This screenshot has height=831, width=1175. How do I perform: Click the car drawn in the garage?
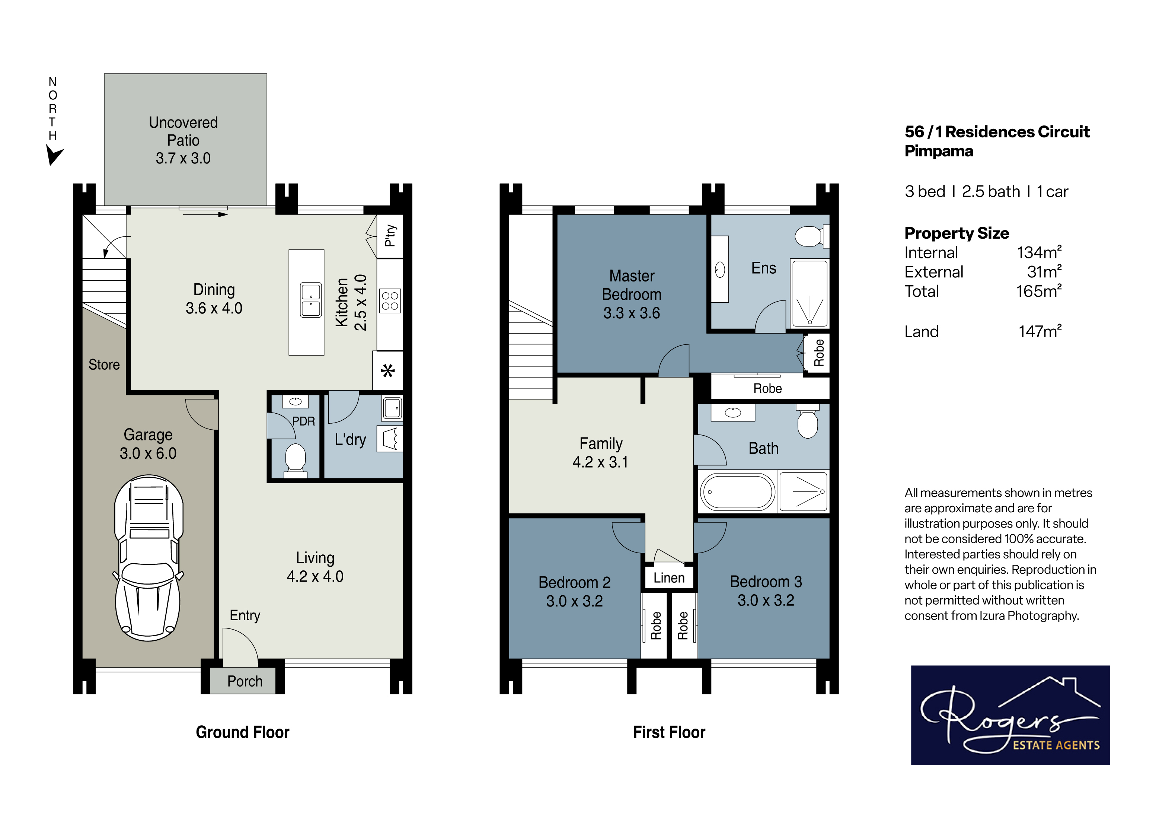tap(149, 558)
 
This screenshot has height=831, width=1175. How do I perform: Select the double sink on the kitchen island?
tap(311, 300)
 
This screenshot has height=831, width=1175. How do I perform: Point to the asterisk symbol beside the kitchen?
tap(388, 371)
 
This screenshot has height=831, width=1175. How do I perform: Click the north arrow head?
tap(54, 155)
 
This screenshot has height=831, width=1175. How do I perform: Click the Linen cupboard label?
tap(669, 577)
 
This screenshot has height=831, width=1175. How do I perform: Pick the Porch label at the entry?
tap(245, 681)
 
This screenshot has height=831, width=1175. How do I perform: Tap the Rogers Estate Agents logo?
tap(1010, 715)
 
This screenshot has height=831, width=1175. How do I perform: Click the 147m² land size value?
tap(1040, 331)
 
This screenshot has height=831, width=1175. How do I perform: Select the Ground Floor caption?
tap(243, 732)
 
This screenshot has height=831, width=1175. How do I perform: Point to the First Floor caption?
tap(669, 732)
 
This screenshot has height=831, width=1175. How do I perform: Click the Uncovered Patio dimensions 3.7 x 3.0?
tap(183, 158)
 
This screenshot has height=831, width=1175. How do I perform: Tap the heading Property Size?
tap(957, 233)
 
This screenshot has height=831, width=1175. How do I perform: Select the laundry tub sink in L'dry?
tap(392, 408)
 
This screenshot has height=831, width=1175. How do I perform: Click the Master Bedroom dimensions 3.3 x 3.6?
tap(632, 313)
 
